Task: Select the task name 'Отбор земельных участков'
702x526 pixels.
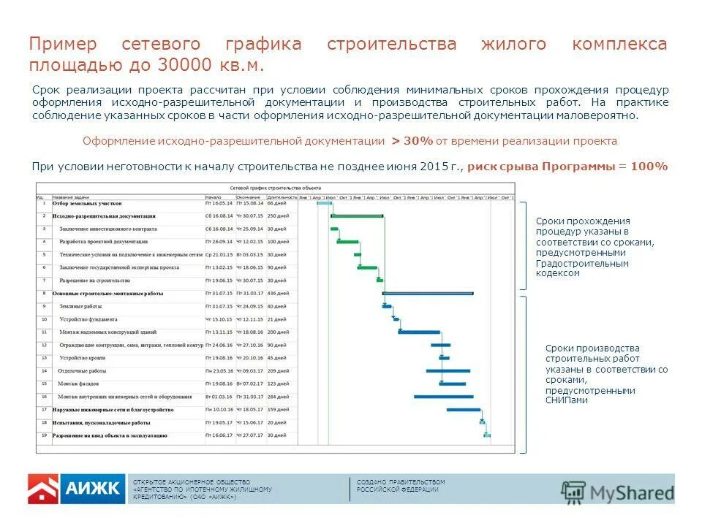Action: (x=82, y=203)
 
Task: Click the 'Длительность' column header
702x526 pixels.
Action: (x=282, y=197)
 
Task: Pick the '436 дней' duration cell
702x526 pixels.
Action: (x=278, y=293)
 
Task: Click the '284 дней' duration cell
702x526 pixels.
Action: (x=278, y=397)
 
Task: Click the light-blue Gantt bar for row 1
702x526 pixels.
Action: (x=324, y=203)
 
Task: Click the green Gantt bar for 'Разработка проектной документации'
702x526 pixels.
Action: (x=347, y=242)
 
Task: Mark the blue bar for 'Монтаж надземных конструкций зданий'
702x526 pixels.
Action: (x=419, y=332)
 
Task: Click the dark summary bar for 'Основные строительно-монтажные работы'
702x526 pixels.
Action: (x=428, y=293)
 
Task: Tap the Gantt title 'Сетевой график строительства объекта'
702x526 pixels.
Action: (x=276, y=188)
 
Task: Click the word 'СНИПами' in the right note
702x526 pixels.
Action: (x=566, y=400)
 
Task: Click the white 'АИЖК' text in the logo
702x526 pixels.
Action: (x=92, y=489)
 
